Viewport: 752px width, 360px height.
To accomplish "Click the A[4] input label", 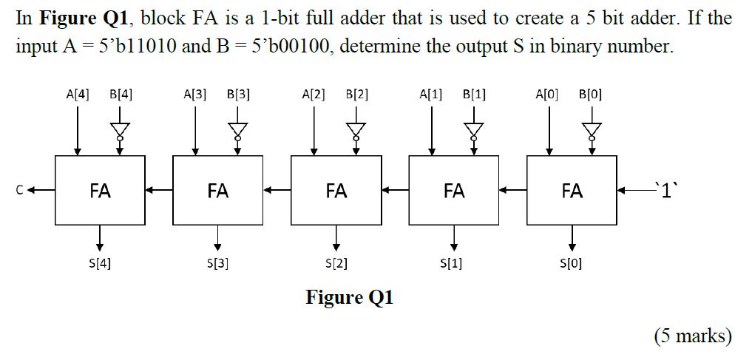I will click(77, 95).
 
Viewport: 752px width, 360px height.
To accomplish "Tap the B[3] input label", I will click(239, 95).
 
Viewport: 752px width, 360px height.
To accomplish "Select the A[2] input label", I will click(314, 95).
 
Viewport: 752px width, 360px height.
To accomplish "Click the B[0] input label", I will click(591, 95).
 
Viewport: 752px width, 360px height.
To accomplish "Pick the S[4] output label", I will click(100, 262).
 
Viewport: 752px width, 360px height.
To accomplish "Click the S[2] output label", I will click(336, 262).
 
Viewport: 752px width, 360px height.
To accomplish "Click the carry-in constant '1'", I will click(665, 190).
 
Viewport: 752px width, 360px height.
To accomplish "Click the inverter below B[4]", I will click(120, 130).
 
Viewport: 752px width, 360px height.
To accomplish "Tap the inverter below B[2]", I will click(356, 130).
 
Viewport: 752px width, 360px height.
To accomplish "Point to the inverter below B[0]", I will click(592, 130).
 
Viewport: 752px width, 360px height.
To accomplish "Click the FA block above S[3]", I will click(217, 191).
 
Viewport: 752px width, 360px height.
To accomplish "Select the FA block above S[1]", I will click(454, 191).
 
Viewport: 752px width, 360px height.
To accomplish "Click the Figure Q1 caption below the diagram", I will click(350, 298).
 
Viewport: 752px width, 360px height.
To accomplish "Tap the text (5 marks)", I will click(693, 336).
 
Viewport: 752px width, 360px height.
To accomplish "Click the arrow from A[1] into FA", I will click(433, 129).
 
